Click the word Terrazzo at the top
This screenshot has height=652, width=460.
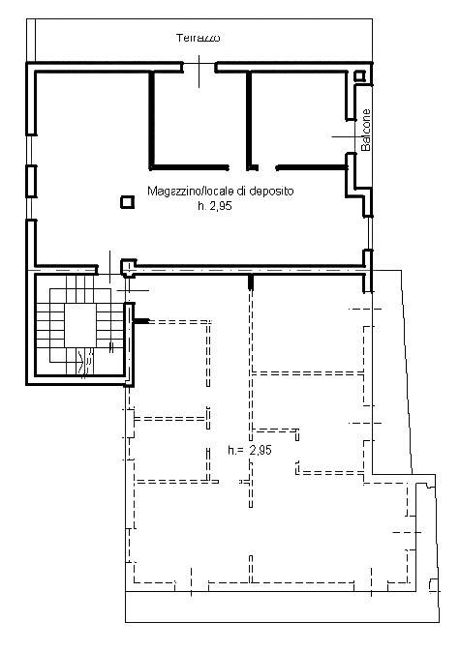[199, 38]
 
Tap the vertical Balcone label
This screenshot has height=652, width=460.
[365, 130]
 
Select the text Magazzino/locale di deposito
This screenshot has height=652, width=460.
[220, 191]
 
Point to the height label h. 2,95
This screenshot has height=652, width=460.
[215, 206]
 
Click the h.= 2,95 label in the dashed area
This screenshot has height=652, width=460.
[250, 450]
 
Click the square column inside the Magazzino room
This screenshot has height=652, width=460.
[128, 202]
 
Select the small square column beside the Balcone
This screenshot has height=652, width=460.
[359, 76]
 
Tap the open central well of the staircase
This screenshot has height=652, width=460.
[80, 324]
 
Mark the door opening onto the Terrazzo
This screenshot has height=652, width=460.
[199, 67]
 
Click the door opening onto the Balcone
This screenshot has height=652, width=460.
[351, 136]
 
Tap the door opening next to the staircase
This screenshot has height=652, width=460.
[109, 270]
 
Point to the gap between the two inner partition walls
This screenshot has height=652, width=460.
[267, 167]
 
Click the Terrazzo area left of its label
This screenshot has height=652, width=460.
[104, 41]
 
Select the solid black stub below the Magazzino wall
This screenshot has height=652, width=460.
[251, 282]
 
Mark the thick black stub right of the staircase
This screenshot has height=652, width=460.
[141, 321]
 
